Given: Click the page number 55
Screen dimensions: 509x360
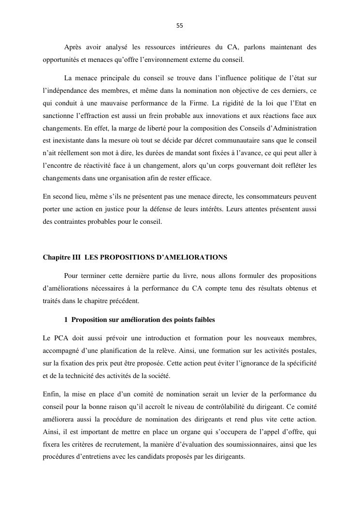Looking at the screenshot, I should click(x=180, y=26).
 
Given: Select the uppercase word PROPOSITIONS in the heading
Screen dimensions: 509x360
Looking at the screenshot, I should click(x=131, y=257).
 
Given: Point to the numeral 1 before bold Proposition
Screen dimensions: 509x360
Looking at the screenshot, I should click(x=66, y=320).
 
